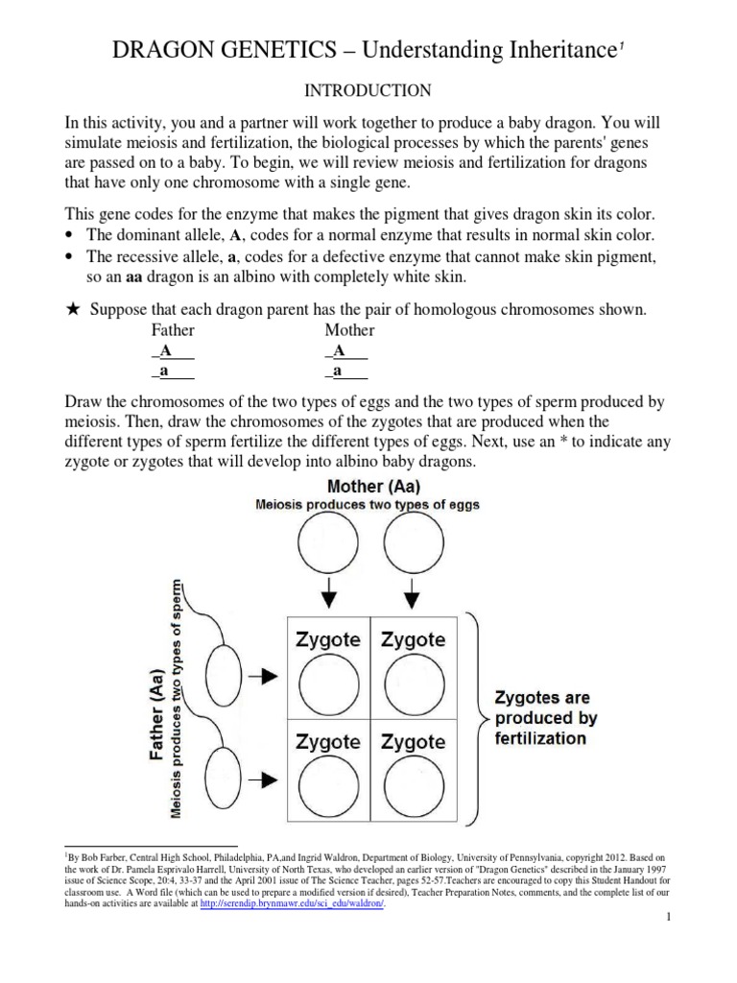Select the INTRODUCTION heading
pyautogui.click(x=368, y=91)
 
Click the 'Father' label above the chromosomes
pyautogui.click(x=173, y=331)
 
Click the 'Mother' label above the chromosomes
pyautogui.click(x=349, y=331)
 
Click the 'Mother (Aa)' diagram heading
pyautogui.click(x=367, y=487)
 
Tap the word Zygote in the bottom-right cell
pyautogui.click(x=413, y=741)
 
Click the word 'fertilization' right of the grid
pyautogui.click(x=539, y=738)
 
